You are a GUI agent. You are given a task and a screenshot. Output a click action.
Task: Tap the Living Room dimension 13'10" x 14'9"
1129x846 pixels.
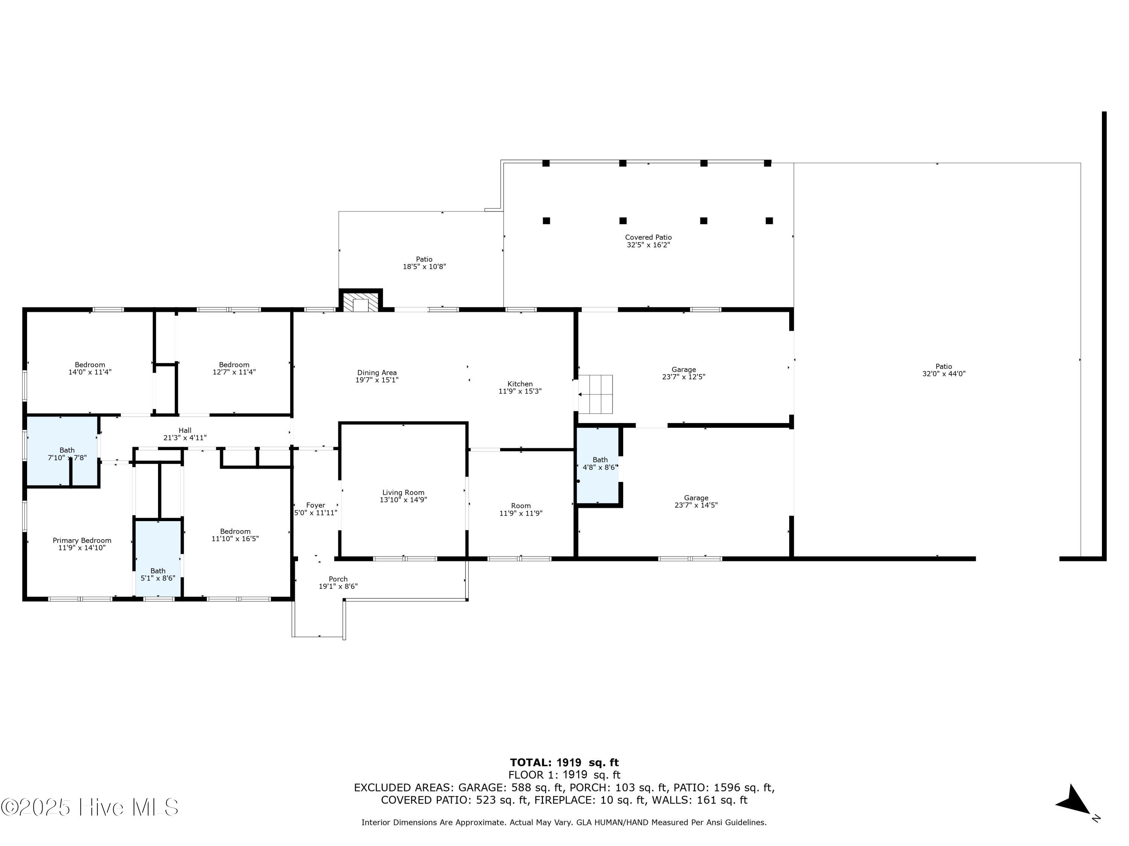tap(403, 500)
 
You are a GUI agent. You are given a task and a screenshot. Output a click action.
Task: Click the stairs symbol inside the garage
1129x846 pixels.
tap(595, 394)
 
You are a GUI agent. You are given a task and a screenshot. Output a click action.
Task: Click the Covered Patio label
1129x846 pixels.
tap(648, 237)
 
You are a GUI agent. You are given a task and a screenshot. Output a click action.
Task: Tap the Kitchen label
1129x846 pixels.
tap(520, 384)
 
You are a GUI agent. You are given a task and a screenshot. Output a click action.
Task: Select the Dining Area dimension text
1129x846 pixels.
tap(377, 380)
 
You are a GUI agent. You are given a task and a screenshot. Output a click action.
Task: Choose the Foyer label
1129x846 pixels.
tap(315, 505)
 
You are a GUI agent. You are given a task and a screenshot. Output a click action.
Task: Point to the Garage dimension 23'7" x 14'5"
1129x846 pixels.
tap(696, 505)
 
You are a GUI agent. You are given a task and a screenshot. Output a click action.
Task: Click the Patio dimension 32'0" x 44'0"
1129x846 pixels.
tap(944, 374)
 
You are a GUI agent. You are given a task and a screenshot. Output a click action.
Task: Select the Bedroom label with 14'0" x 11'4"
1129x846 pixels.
tap(90, 365)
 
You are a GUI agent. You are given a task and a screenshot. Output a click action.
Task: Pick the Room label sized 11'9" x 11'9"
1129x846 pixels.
tap(520, 506)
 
